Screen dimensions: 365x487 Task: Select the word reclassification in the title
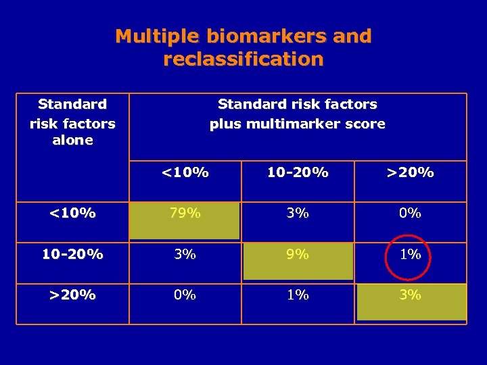(x=243, y=59)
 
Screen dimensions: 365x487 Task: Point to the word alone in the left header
(x=72, y=141)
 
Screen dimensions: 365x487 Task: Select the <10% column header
(x=185, y=172)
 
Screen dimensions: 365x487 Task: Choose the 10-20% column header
(x=298, y=172)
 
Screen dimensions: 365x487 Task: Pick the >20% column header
(x=411, y=172)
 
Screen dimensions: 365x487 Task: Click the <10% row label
(x=72, y=214)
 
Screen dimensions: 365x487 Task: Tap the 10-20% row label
(x=72, y=255)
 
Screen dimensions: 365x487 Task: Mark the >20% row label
(x=72, y=295)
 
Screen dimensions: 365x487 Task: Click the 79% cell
(x=185, y=214)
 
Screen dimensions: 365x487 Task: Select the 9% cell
(x=298, y=255)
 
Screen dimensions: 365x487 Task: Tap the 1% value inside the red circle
(x=411, y=255)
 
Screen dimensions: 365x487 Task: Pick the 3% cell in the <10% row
(x=298, y=214)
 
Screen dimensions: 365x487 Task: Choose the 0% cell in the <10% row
(x=411, y=214)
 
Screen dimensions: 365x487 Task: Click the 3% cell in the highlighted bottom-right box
(x=411, y=295)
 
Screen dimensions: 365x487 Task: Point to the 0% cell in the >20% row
(x=185, y=295)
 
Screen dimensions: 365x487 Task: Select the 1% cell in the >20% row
(x=298, y=295)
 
